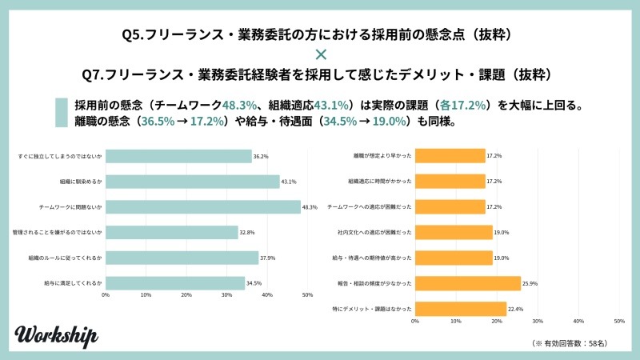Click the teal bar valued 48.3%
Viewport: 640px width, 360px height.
tap(203, 207)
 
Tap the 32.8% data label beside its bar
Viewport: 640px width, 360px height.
tap(247, 233)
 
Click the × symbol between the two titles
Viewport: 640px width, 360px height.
tap(320, 54)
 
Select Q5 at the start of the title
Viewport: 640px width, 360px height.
tap(131, 34)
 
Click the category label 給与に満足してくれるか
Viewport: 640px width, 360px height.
tap(74, 283)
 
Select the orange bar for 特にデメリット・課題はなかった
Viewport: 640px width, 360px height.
tap(460, 308)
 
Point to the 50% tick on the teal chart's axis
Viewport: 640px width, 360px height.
tap(307, 295)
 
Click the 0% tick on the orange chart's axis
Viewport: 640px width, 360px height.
tap(414, 321)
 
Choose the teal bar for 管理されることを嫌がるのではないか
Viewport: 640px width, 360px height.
tap(172, 233)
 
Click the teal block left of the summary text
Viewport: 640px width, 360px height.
tap(61, 113)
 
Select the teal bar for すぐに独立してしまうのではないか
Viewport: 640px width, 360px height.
tap(178, 157)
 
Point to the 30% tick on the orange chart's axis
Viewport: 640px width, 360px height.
tap(538, 321)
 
